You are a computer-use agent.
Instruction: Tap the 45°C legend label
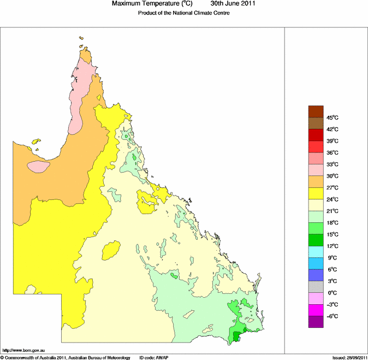[333, 118]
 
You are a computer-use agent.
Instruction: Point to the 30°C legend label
[333, 176]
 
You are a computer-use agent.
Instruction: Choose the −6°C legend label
[333, 316]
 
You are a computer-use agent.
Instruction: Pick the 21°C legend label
[333, 211]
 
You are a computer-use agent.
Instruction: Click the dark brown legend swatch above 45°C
[316, 112]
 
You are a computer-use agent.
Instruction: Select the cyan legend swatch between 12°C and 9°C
[316, 252]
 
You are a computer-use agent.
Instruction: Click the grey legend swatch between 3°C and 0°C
[316, 287]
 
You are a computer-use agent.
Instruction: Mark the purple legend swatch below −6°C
[316, 322]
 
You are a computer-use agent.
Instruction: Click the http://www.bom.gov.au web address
[23, 350]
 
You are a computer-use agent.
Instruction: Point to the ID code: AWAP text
[155, 357]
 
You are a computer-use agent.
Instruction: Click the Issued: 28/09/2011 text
[349, 357]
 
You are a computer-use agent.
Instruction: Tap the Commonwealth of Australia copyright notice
[66, 357]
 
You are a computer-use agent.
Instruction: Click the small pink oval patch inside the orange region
[38, 166]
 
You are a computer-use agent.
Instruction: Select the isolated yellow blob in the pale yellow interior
[111, 251]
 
